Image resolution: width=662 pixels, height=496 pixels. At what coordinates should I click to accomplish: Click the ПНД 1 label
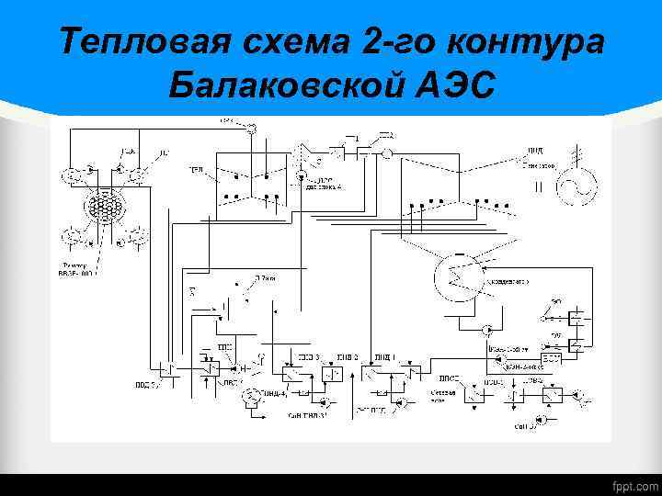384,355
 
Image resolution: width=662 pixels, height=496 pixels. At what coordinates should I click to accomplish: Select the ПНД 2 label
347,355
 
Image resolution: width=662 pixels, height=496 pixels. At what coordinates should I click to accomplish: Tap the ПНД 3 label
309,355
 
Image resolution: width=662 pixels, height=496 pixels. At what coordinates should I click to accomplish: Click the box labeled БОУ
551,356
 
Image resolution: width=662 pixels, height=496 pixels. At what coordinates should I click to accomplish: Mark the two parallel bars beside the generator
539,188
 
